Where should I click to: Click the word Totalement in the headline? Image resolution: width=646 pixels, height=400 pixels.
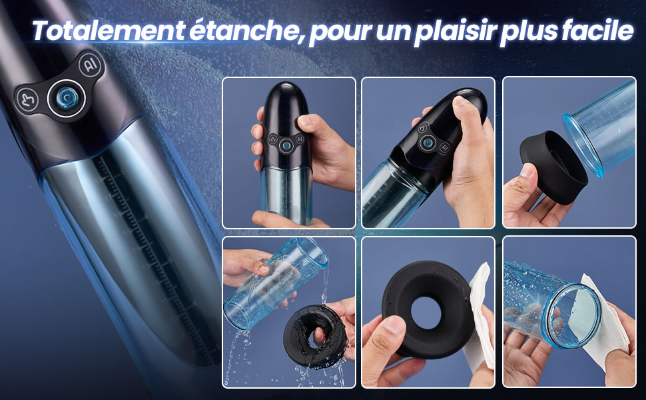point(108,30)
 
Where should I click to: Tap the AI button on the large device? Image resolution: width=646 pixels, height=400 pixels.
point(90,64)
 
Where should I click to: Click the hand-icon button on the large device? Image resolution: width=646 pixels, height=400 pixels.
point(28,100)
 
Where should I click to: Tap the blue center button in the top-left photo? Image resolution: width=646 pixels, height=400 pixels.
point(286,144)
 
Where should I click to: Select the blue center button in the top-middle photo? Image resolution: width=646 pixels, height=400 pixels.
point(428,143)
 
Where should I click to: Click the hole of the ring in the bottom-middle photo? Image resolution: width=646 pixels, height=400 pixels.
point(426,313)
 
